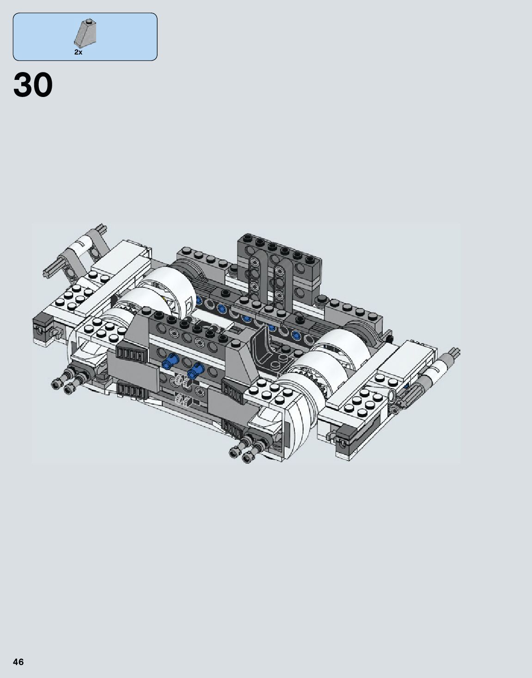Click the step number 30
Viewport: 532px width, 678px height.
click(33, 85)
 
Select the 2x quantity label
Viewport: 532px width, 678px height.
click(78, 53)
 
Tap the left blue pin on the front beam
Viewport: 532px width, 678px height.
click(172, 360)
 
